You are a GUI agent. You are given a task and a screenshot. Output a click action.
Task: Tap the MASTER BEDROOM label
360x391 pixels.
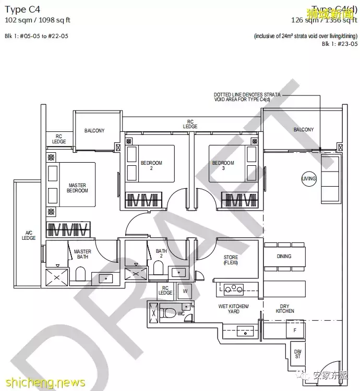[x=78, y=188]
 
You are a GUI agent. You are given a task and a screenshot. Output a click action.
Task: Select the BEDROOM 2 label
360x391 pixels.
[x=151, y=166]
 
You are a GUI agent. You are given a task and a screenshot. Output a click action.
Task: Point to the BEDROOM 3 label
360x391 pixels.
[x=223, y=166]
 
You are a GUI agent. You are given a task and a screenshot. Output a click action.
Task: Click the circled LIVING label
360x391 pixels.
[x=309, y=179]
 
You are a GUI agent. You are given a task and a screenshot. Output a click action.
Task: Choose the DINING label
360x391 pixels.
[x=284, y=256]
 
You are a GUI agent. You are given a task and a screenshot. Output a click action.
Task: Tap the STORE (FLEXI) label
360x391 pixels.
[x=231, y=260]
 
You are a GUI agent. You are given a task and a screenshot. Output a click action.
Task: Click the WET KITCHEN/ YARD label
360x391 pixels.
[x=233, y=309]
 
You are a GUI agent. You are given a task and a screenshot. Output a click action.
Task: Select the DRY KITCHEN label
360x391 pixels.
[x=285, y=309]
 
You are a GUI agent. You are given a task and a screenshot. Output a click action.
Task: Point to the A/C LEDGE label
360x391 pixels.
[x=29, y=235]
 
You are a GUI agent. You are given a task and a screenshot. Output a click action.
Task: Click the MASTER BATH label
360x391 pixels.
[x=82, y=254]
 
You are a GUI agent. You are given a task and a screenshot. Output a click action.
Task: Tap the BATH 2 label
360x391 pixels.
[x=161, y=254]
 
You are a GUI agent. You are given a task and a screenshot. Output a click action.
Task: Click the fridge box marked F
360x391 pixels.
[x=295, y=330]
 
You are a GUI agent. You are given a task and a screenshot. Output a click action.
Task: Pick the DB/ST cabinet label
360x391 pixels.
[x=297, y=353]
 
